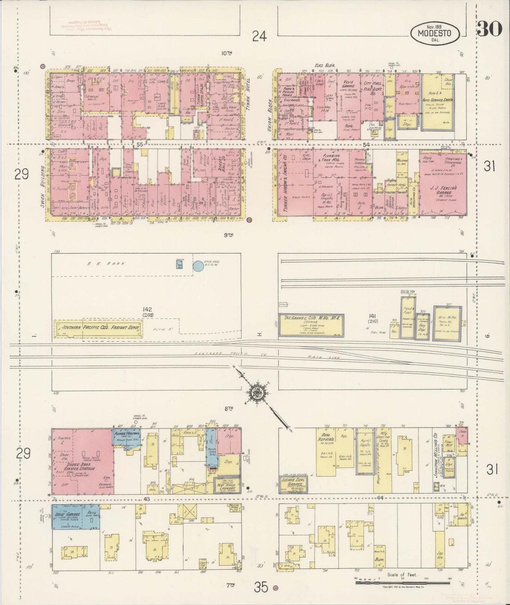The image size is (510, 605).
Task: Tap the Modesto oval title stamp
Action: tap(436, 34)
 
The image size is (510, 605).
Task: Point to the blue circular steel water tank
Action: tap(198, 266)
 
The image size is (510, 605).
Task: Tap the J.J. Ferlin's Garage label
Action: tap(444, 188)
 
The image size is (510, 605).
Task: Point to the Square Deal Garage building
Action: tap(293, 486)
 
